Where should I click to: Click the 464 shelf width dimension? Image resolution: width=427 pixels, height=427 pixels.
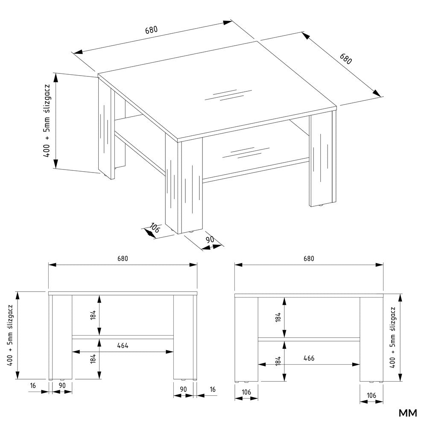coord(123,345)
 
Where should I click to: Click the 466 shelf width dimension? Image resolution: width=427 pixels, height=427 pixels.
coord(309,358)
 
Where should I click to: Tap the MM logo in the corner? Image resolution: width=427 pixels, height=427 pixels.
coord(408,413)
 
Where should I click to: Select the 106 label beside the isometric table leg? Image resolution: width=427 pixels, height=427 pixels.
coord(155,228)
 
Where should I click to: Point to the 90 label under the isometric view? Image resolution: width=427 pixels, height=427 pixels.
coord(210,240)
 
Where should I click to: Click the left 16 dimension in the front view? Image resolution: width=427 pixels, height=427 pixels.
coord(33,386)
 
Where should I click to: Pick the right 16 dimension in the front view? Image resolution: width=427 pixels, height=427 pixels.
coord(213,389)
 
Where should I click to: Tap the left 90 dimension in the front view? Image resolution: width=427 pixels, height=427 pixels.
coord(62,386)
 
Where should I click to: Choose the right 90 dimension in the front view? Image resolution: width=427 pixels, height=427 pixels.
coord(183,389)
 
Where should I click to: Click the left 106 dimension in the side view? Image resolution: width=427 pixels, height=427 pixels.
coord(246,392)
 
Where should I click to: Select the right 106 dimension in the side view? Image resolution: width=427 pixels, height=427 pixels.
coord(371,395)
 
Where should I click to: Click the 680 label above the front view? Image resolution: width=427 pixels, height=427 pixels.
coord(123,258)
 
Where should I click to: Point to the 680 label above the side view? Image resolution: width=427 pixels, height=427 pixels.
coord(309,258)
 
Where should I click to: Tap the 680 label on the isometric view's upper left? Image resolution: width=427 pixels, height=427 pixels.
coord(151,30)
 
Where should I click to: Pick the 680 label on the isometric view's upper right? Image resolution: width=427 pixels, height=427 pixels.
coord(346,58)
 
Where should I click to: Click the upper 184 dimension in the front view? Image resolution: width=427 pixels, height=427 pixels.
coord(94,315)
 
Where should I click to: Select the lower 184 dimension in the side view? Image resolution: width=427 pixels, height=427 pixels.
coord(278,361)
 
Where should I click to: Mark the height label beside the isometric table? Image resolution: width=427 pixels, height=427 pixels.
coord(47,121)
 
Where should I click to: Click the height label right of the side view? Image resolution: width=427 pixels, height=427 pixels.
coord(392,338)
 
